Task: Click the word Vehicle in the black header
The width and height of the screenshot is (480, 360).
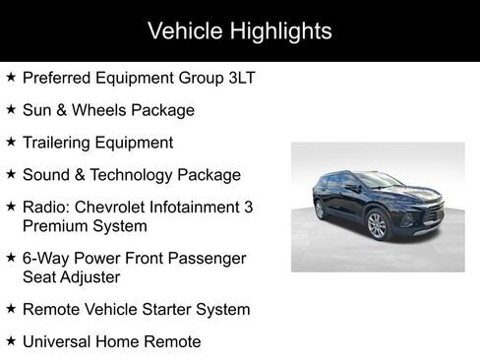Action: click(183, 30)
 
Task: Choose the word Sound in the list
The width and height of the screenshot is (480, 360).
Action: click(46, 175)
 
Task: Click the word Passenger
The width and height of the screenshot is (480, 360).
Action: click(209, 259)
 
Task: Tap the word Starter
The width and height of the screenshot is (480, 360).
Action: click(166, 310)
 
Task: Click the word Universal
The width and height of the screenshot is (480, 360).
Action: click(58, 342)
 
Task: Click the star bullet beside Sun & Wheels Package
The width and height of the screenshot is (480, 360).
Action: click(10, 110)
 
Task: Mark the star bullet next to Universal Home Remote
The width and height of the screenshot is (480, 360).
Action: click(10, 342)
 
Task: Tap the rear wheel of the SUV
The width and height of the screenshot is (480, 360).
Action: click(320, 210)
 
